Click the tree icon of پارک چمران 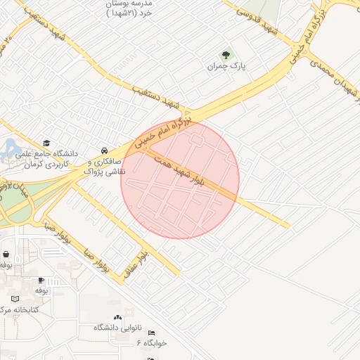226,53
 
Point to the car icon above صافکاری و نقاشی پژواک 104,150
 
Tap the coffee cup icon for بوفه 41,279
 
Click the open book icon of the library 16,298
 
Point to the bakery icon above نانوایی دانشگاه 117,319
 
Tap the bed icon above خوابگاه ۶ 150,333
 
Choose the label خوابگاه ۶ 152,342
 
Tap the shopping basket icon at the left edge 6,255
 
